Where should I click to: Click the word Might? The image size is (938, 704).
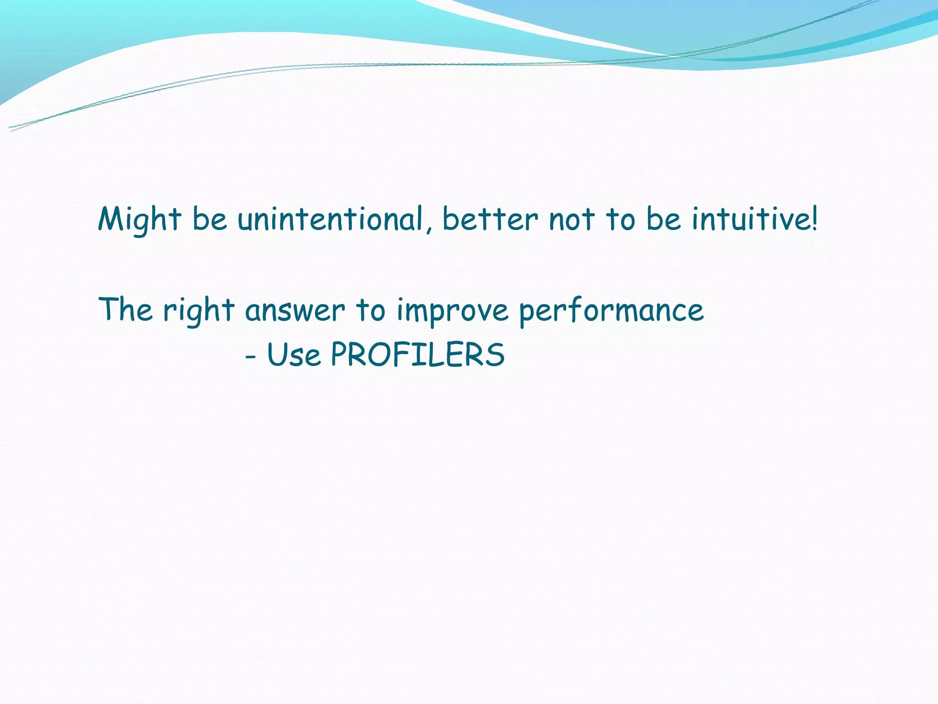point(139,219)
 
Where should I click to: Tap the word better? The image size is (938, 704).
point(490,219)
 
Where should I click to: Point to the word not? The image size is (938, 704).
point(572,219)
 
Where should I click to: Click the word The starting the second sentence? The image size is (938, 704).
point(125,309)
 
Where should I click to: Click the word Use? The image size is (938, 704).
point(294,355)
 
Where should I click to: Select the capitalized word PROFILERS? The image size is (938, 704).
point(417,355)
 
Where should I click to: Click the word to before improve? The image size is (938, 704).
point(371,310)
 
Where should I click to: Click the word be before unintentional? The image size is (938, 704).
point(209,219)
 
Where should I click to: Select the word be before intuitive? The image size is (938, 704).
point(663,219)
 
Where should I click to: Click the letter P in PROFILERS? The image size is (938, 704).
point(340,355)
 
